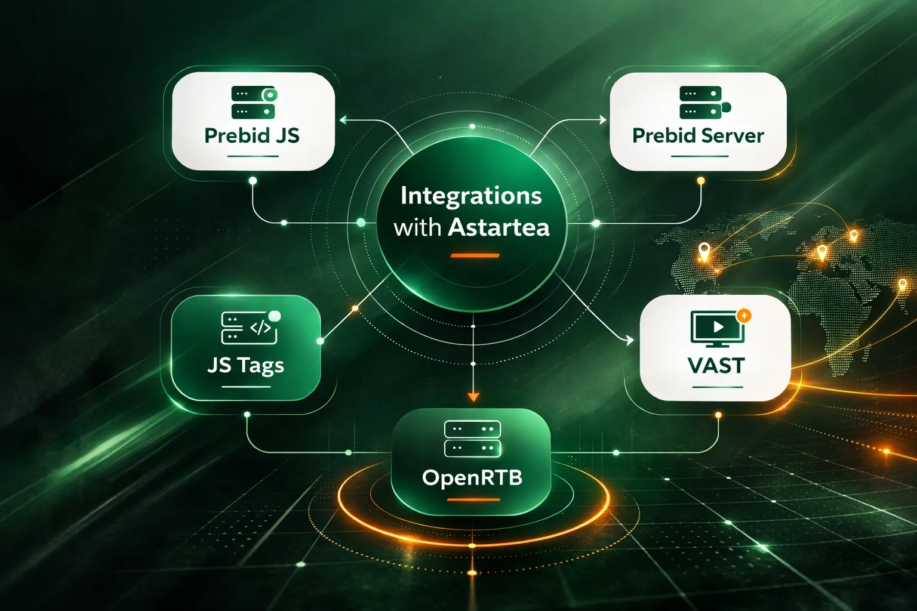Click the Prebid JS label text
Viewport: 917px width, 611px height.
pos(251,136)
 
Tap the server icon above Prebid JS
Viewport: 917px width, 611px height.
pos(254,103)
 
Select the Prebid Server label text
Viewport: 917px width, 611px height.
pos(698,136)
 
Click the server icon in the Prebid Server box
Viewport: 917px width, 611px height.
pos(702,103)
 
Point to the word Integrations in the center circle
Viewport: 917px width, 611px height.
pos(471,196)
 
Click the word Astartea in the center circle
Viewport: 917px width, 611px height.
pos(498,228)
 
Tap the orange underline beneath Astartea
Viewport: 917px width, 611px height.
pos(475,255)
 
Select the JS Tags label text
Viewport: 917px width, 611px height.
pos(245,365)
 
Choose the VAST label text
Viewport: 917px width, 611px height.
pos(716,365)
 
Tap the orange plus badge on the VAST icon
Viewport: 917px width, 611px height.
pos(744,315)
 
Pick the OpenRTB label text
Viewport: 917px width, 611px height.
pos(472,477)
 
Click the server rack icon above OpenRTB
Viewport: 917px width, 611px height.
pos(472,439)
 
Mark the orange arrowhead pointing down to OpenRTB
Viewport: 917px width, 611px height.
pos(473,396)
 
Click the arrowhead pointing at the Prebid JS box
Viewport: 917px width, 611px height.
pos(343,120)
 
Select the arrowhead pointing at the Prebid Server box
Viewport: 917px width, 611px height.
pos(602,120)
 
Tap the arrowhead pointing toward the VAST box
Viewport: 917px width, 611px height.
pos(629,341)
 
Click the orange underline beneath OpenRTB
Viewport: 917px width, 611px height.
pos(473,499)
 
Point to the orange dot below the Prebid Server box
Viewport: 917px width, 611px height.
pos(701,180)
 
